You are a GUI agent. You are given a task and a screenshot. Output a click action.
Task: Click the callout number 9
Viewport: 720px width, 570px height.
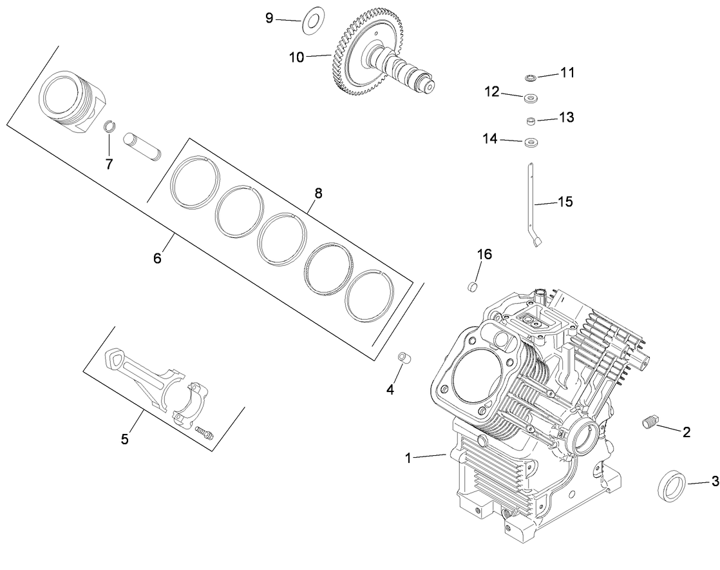pyautogui.click(x=269, y=18)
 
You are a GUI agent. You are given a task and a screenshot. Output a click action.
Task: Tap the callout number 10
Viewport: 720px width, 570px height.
pyautogui.click(x=296, y=57)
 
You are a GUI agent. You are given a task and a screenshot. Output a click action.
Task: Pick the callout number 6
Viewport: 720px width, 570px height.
pyautogui.click(x=157, y=258)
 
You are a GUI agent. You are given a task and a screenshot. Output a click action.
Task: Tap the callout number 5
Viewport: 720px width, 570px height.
pyautogui.click(x=125, y=439)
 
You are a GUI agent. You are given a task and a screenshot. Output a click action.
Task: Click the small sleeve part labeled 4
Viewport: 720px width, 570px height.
pyautogui.click(x=404, y=357)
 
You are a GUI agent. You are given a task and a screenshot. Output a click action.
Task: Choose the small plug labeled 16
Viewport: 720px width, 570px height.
pyautogui.click(x=473, y=285)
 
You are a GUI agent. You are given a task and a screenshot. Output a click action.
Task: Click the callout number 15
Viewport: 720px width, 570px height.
pyautogui.click(x=565, y=202)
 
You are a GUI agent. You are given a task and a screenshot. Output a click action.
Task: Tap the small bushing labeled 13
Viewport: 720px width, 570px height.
pyautogui.click(x=531, y=121)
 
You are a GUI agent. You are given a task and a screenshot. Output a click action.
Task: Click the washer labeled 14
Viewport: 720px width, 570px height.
pyautogui.click(x=532, y=142)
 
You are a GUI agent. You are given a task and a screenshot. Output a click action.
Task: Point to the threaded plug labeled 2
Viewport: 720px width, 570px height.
pyautogui.click(x=650, y=422)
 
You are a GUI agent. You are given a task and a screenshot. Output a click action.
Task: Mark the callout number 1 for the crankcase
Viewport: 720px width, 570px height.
pyautogui.click(x=408, y=458)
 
